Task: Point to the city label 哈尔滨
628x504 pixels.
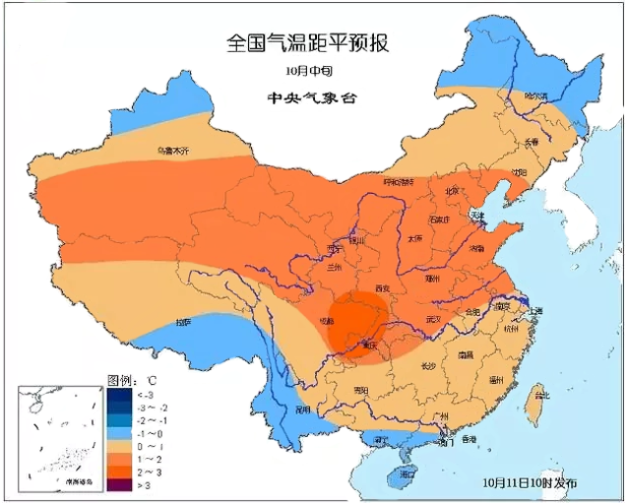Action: pos(535,96)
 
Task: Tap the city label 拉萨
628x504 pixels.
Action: pos(183,322)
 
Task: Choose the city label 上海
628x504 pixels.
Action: pos(535,311)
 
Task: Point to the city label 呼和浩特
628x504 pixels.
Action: pos(400,182)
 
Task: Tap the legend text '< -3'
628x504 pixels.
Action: pos(150,394)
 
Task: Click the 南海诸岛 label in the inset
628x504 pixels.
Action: pos(80,482)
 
